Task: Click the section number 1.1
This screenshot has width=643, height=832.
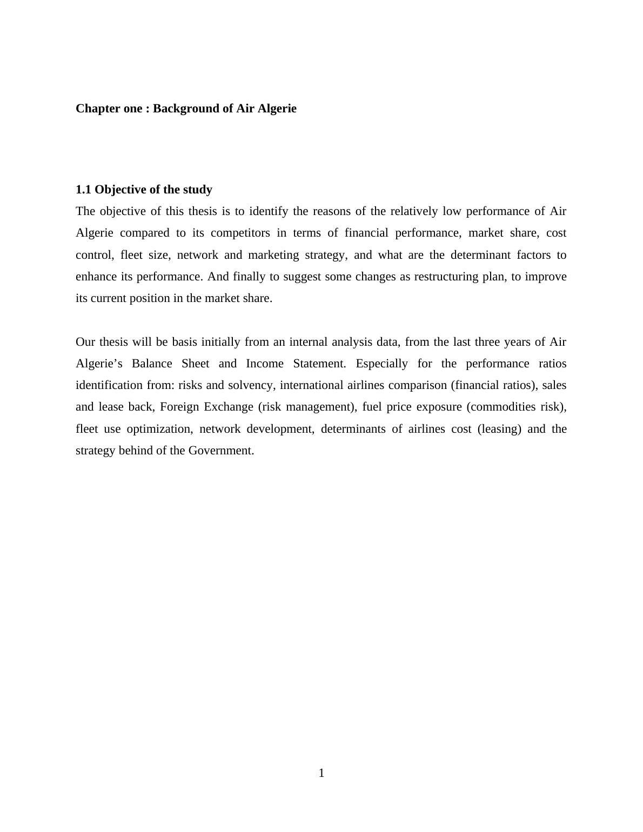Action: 84,190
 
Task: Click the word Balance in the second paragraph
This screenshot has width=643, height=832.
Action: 152,364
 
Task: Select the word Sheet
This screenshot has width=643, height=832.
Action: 195,364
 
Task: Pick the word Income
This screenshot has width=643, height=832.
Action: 264,364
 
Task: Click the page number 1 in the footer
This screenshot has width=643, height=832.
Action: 321,773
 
